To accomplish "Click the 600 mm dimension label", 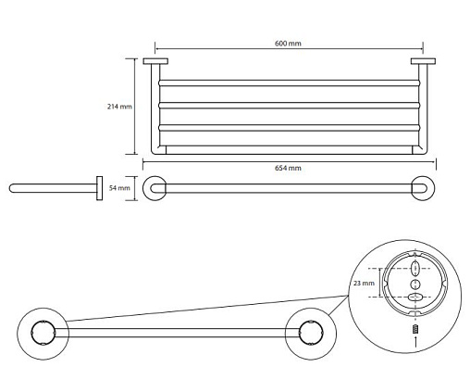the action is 288,44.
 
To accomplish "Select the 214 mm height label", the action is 119,107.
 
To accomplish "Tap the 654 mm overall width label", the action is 288,168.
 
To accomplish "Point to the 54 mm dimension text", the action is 119,188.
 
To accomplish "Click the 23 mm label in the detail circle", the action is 364,283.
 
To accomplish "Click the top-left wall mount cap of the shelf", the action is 155,61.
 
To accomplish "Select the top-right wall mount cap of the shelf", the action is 423,61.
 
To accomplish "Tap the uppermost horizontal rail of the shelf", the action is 289,83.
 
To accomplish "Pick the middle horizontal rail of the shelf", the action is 289,106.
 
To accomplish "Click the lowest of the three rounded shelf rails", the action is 289,128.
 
